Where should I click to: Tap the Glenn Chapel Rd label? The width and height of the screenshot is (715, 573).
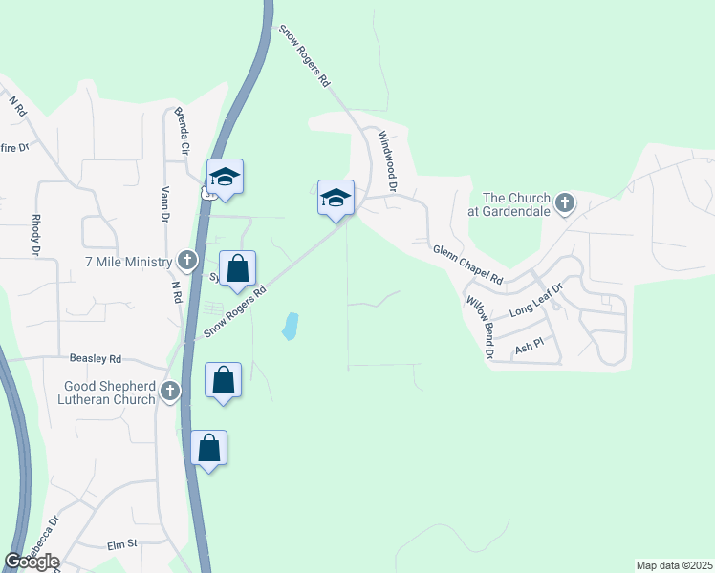point(468,265)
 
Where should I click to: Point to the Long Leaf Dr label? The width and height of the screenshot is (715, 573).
point(538,298)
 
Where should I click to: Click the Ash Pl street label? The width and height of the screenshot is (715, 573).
point(529,349)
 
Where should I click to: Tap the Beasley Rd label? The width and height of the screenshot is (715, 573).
point(96,359)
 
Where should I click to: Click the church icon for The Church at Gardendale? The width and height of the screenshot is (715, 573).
point(565,202)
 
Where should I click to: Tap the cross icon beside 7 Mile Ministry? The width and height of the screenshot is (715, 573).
point(187,261)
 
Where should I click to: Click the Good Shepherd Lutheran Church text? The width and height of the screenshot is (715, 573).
point(109,393)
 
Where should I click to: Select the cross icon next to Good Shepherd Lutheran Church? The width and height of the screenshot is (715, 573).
point(170,390)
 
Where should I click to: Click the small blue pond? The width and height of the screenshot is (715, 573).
point(289,327)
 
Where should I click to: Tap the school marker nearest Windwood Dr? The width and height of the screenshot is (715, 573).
point(336,198)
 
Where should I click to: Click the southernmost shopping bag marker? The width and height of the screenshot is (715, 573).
point(209,448)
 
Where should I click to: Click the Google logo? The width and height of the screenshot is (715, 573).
point(31,562)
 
